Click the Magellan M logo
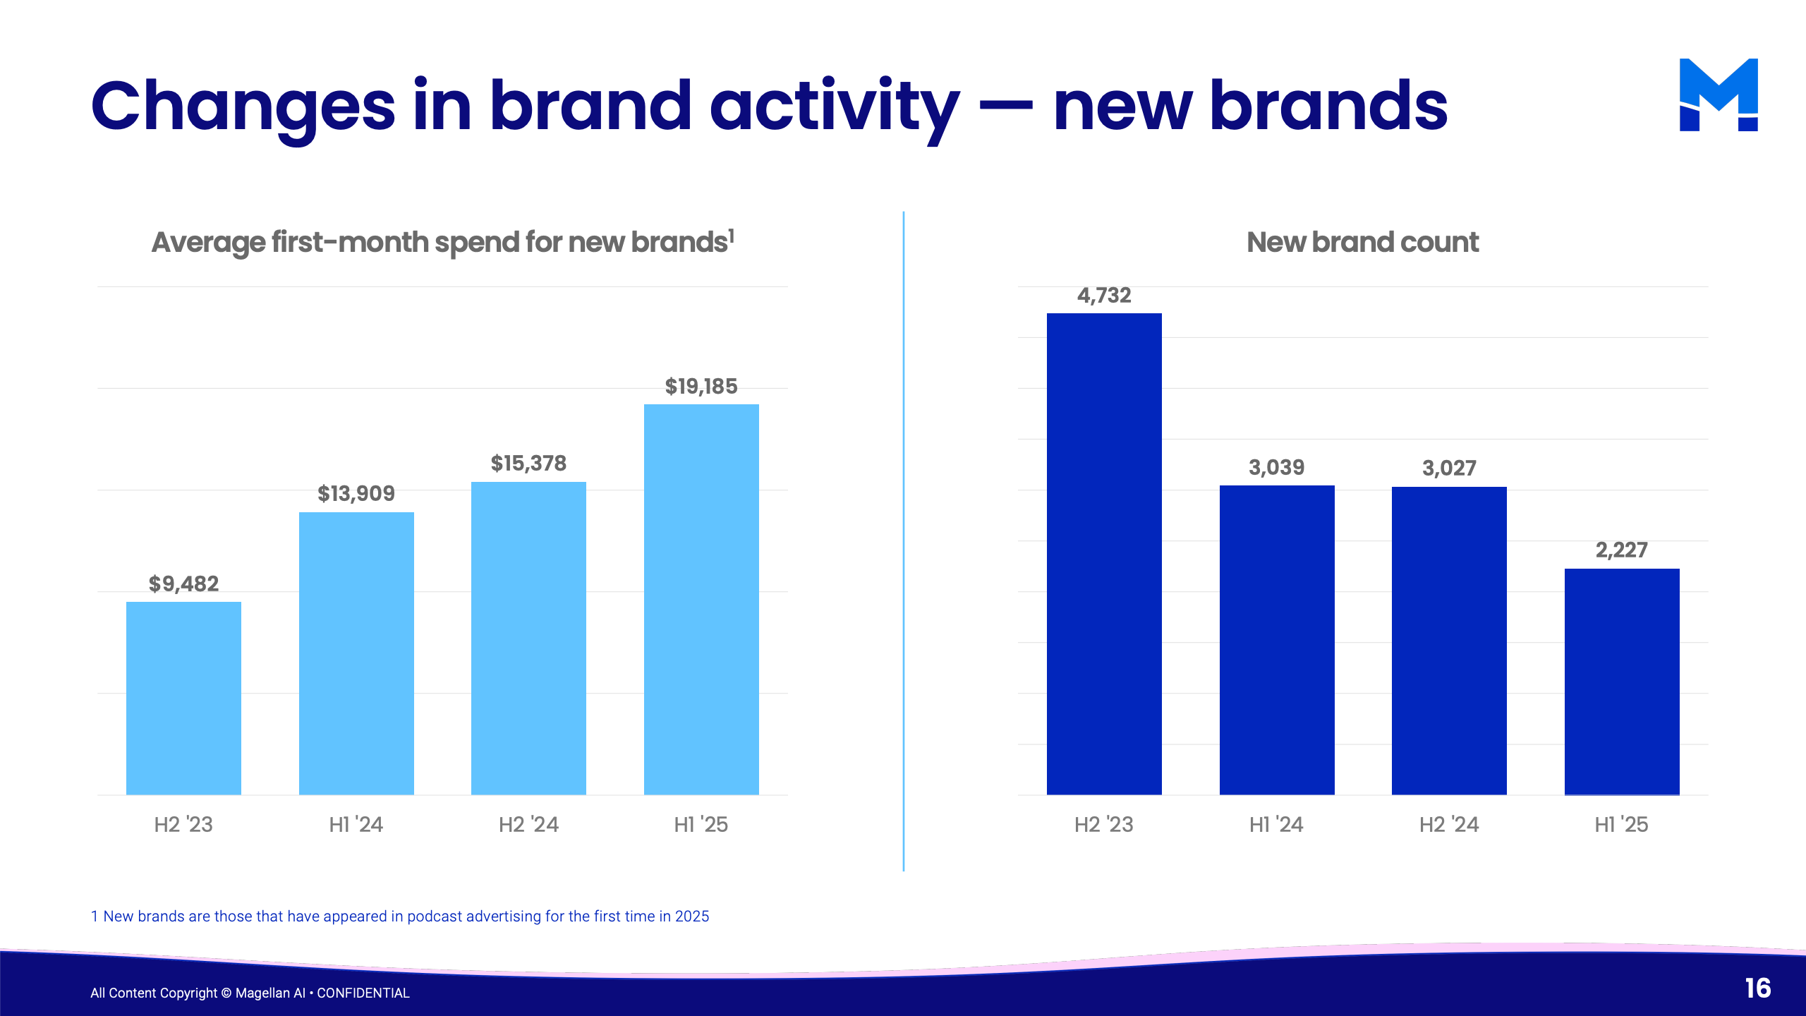(x=1719, y=95)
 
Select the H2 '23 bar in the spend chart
(x=183, y=698)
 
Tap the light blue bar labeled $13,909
(x=356, y=653)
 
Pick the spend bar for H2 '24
(x=528, y=638)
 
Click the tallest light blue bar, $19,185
(x=701, y=599)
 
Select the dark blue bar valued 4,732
(x=1104, y=554)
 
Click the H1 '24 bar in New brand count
(x=1277, y=640)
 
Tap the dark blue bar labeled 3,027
(x=1449, y=641)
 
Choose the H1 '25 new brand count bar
(x=1622, y=682)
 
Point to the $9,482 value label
(x=183, y=583)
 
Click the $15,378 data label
(x=528, y=464)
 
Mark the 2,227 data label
(x=1622, y=550)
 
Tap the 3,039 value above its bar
(x=1277, y=467)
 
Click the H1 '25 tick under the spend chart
(x=701, y=824)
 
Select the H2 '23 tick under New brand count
(x=1104, y=824)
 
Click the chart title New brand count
(x=1362, y=242)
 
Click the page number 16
(x=1758, y=988)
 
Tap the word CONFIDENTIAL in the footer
(x=363, y=993)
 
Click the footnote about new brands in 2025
(x=400, y=916)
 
